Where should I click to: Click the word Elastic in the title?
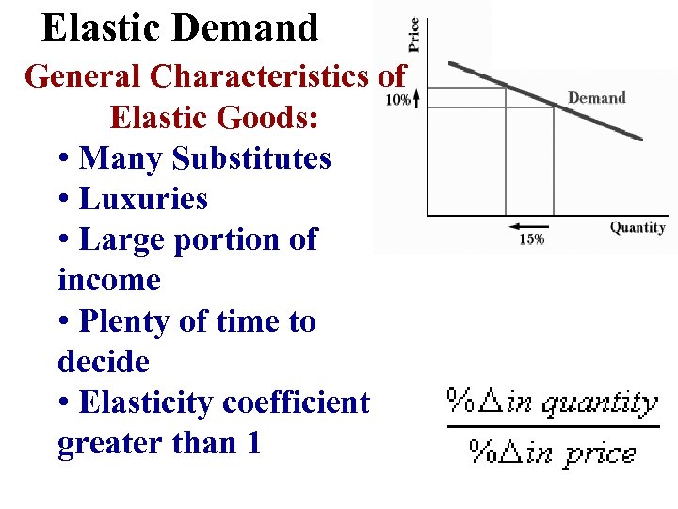tap(93, 28)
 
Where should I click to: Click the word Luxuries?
tap(143, 199)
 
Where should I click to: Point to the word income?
tap(108, 280)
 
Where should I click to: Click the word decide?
tap(104, 362)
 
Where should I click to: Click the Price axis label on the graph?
tap(413, 36)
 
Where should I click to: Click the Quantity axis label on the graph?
tap(638, 226)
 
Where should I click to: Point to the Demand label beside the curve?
tap(596, 98)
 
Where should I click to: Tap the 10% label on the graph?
tap(398, 99)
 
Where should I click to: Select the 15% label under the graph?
tap(531, 239)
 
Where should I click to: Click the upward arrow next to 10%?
tap(416, 97)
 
